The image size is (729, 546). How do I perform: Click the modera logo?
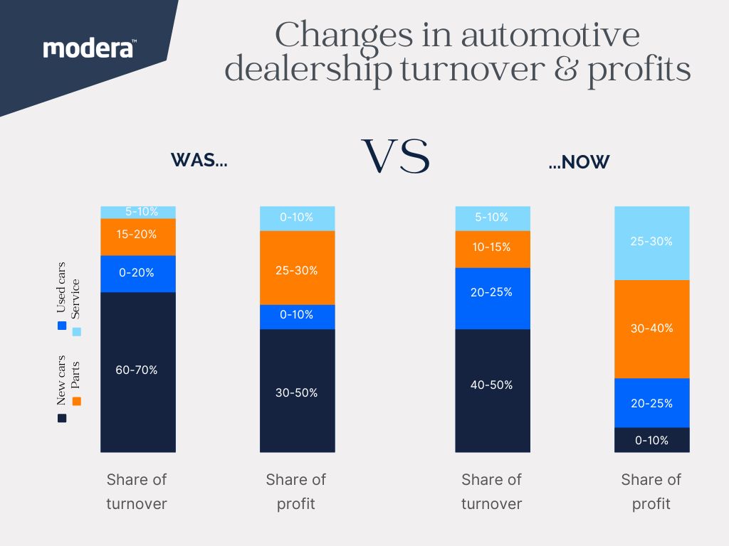[90, 48]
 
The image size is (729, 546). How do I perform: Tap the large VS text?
[396, 157]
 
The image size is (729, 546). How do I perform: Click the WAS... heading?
[199, 161]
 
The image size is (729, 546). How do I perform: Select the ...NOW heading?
[579, 162]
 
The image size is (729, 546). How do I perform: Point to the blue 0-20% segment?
[138, 273]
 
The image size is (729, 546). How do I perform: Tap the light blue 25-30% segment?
[651, 242]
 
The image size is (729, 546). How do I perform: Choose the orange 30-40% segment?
[651, 328]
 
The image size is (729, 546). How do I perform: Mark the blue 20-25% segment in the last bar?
[651, 402]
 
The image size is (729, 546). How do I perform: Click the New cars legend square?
[61, 418]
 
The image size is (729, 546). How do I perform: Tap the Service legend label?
[76, 299]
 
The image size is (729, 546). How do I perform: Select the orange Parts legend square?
[77, 402]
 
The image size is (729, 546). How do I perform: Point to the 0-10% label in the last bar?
[651, 440]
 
